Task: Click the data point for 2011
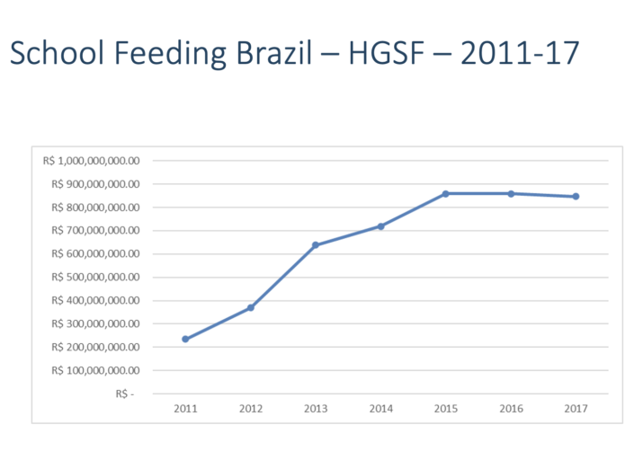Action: coord(185,339)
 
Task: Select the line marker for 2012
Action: coord(251,307)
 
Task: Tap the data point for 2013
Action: coord(316,244)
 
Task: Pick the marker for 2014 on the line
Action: coord(380,226)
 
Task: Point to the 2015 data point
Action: coord(446,193)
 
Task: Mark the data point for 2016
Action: coord(511,193)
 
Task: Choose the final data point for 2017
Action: coord(576,196)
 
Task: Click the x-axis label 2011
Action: coord(185,409)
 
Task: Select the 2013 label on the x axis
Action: coord(316,409)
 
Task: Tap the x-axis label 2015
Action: coord(446,409)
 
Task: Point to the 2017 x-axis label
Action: coord(576,409)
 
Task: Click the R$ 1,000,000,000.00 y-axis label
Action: coord(93,161)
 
